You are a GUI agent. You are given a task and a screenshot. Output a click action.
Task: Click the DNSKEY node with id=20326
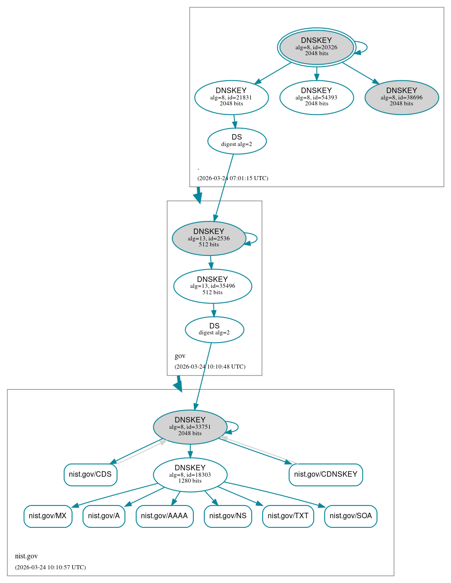(x=316, y=47)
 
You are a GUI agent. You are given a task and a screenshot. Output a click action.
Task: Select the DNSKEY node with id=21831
(x=231, y=97)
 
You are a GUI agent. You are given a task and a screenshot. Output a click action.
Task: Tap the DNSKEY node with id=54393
(x=316, y=97)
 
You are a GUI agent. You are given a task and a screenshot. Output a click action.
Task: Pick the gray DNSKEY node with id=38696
(x=401, y=97)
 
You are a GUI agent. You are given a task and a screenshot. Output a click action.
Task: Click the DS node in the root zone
(x=237, y=141)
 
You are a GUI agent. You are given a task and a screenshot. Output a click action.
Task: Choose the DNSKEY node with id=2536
(x=209, y=238)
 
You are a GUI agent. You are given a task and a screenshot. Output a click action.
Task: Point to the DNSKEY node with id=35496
(x=213, y=286)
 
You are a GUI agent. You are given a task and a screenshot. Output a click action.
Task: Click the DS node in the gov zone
(x=214, y=329)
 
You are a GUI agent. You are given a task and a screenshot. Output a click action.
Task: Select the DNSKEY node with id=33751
(x=190, y=427)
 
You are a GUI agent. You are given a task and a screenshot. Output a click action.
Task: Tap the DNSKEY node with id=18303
(x=190, y=474)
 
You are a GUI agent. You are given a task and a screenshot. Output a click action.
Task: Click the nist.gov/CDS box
(x=90, y=474)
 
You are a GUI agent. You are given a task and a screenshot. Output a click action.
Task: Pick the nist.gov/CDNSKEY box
(x=326, y=474)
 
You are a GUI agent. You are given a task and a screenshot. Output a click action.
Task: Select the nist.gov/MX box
(x=48, y=516)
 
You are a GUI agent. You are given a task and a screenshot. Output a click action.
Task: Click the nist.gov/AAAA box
(x=164, y=516)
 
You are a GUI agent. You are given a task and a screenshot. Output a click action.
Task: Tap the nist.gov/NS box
(x=228, y=516)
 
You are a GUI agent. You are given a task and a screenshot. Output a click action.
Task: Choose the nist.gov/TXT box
(x=288, y=516)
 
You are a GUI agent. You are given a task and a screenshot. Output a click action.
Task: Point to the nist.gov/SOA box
(x=351, y=516)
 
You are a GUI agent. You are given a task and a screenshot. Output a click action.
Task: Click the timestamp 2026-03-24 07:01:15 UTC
(x=233, y=178)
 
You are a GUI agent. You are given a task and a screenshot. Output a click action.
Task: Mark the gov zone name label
(x=180, y=356)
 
